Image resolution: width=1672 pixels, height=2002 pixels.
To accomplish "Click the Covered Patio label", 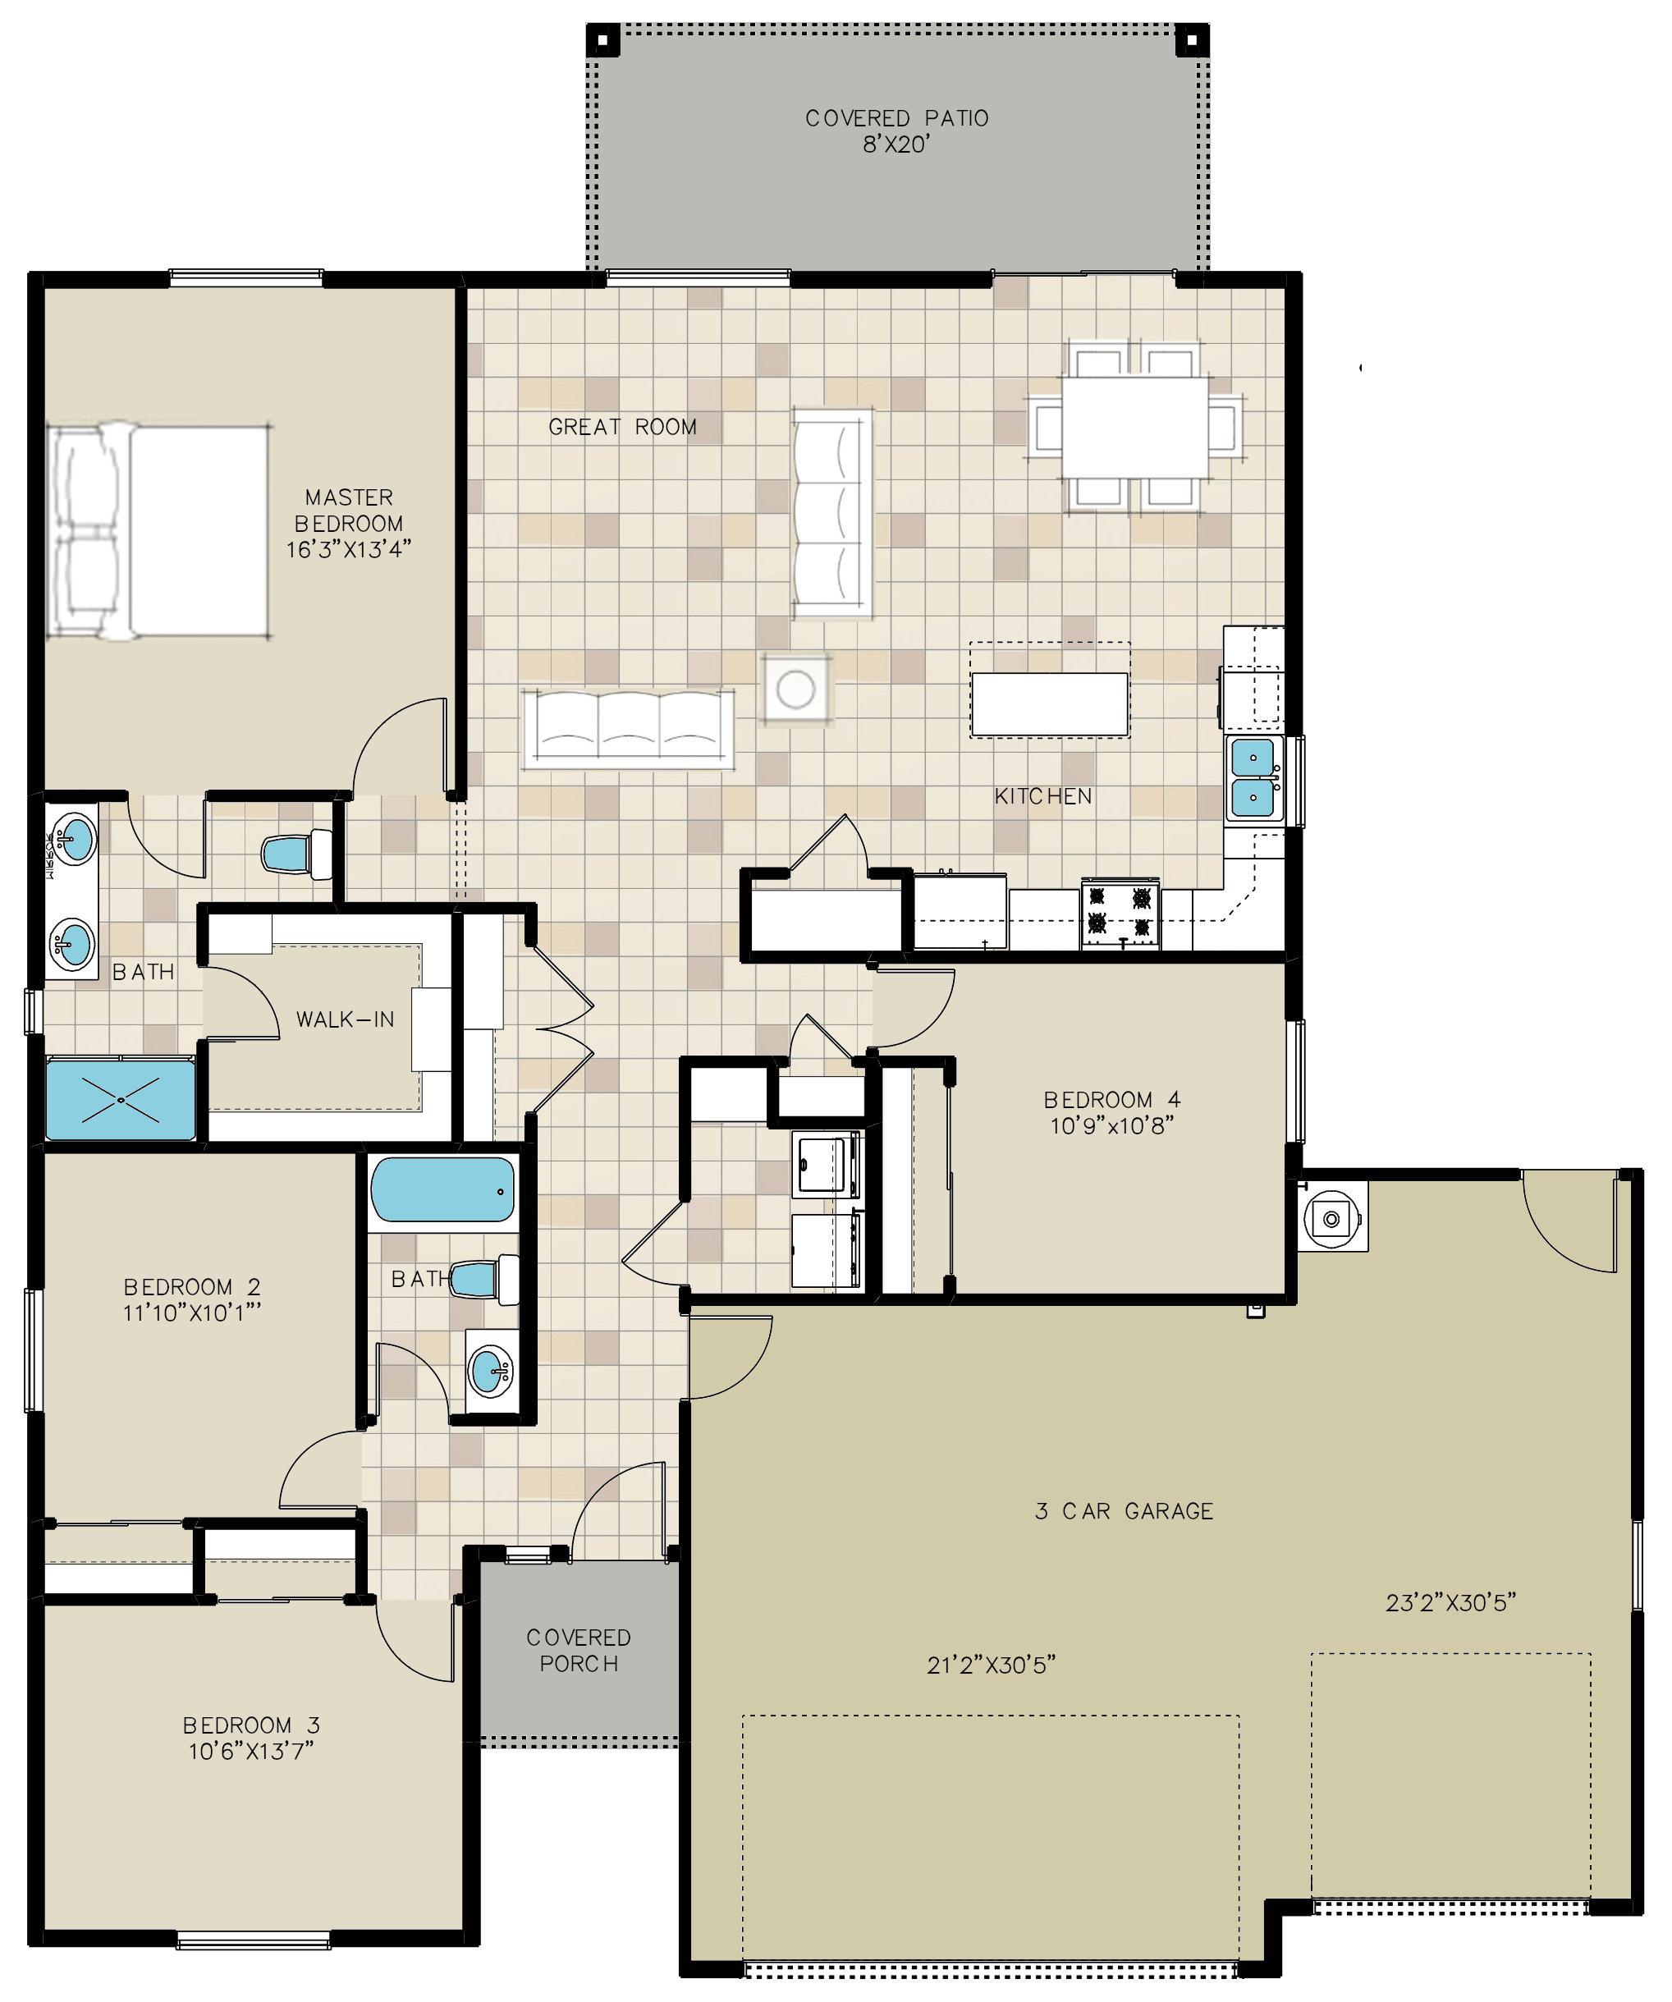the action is pos(896,118).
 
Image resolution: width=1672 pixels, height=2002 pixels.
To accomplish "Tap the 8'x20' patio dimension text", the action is pos(896,146).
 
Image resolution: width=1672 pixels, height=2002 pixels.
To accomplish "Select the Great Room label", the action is pos(622,427).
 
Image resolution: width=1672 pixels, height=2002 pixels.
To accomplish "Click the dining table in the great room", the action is pos(1135,427).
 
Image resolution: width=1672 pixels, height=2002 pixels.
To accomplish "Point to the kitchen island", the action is pos(1050,703).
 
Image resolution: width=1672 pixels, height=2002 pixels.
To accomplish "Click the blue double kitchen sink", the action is pos(1253,778).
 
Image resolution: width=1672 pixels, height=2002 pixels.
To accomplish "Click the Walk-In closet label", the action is pos(345,1019).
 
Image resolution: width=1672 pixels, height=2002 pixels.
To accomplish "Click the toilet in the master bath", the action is pos(296,853).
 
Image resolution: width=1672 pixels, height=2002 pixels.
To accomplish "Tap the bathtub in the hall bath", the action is pos(442,1189).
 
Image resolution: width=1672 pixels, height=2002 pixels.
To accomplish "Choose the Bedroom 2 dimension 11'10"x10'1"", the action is pos(193,1313).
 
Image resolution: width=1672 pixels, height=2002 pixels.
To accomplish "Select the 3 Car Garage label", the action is pos(1124,1511).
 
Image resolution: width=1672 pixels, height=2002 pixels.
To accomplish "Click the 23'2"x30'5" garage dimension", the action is pos(1451,1602).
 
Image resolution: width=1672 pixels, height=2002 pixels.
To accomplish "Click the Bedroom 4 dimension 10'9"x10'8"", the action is pos(1111,1126).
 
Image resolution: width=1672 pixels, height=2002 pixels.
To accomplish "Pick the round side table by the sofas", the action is pos(796,687).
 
